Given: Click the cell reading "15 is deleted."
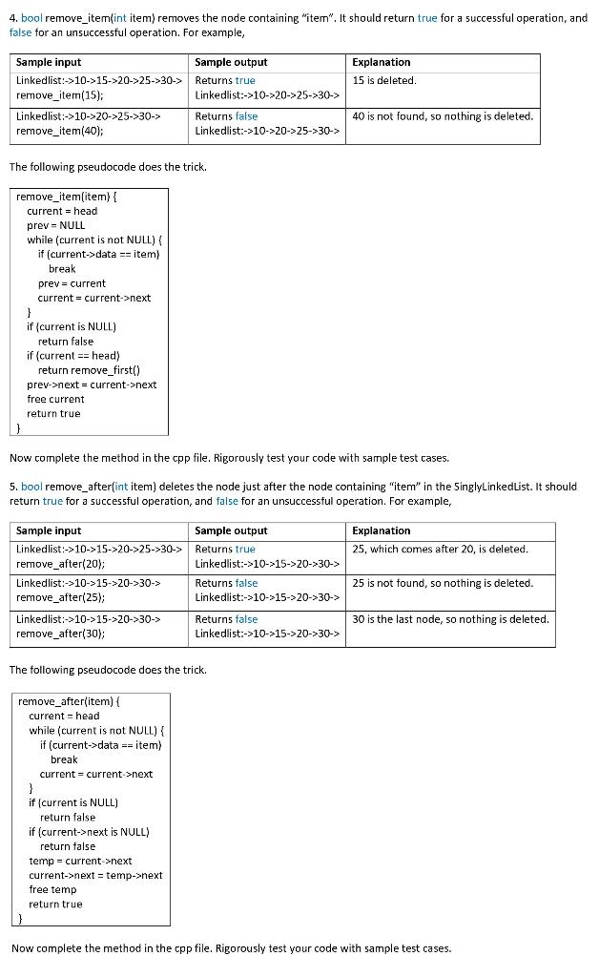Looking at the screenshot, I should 384,80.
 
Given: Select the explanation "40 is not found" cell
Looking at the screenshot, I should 443,116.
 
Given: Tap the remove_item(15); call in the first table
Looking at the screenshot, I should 60,95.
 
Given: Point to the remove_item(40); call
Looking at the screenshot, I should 60,131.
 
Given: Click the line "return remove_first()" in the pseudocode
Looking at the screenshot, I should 90,370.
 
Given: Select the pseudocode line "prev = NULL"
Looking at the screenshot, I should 55,225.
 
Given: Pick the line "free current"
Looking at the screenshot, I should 55,399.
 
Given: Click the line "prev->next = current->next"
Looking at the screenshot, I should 92,385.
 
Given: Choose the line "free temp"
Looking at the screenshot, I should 52,889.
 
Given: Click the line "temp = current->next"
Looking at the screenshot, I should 80,861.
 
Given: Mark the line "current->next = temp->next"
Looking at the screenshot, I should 95,875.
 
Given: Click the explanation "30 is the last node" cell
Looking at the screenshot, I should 450,619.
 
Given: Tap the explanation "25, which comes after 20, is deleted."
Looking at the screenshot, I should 440,549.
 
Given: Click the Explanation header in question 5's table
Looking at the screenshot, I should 382,530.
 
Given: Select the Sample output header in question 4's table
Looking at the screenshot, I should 231,62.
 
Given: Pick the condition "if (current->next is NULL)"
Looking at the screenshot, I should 89,831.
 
